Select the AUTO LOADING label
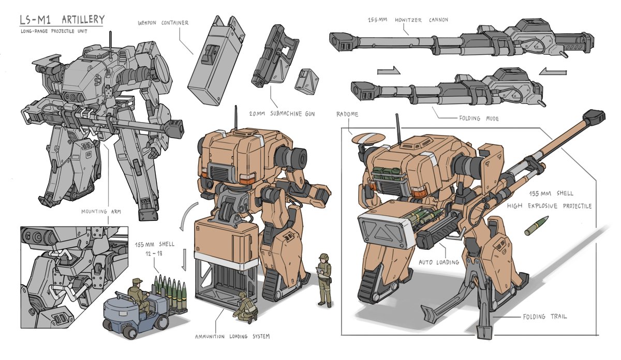pos(439,262)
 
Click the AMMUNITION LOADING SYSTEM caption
pos(232,336)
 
